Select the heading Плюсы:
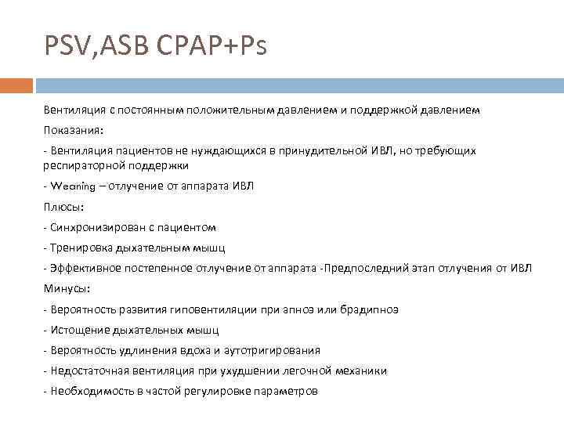point(63,207)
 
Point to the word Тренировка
point(78,248)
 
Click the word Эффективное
point(85,269)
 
